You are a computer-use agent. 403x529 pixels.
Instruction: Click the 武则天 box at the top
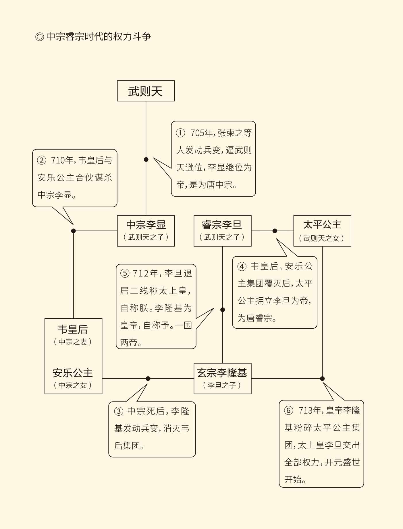[146, 91]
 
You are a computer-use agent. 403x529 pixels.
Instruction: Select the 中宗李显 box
[146, 230]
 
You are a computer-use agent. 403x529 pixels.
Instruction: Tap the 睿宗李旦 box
[222, 230]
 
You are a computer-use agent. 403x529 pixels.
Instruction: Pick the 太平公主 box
[322, 230]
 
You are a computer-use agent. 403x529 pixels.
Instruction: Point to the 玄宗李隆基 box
[222, 378]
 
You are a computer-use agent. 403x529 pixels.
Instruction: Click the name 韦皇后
[73, 329]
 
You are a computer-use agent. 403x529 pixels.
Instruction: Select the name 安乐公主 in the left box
[73, 373]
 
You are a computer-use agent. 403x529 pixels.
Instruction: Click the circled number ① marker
[180, 133]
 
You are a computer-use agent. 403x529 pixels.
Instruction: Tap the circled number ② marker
[42, 160]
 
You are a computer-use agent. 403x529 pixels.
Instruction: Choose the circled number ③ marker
[119, 411]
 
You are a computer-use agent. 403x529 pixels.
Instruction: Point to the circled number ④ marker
[242, 266]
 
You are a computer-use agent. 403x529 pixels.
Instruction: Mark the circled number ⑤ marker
[125, 273]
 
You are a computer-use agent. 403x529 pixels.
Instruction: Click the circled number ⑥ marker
[289, 410]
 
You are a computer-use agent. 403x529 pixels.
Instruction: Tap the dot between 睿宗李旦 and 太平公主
[275, 231]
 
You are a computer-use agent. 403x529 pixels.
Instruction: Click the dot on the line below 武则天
[146, 159]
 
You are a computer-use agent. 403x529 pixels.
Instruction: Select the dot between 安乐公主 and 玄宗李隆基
[148, 379]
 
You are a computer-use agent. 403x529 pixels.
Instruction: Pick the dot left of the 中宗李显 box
[73, 231]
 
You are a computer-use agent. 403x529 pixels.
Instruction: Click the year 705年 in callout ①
[202, 133]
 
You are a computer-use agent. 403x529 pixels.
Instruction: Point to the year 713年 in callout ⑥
[310, 410]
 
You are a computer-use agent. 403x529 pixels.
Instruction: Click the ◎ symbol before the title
[39, 37]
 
